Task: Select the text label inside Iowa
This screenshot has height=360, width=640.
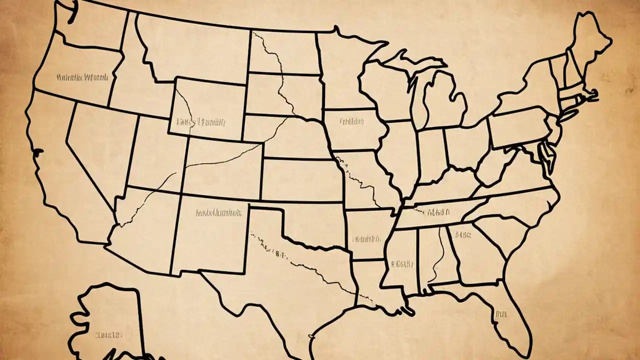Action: (352, 121)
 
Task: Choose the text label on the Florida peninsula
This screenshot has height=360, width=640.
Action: (500, 314)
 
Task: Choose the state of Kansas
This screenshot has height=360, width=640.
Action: (300, 180)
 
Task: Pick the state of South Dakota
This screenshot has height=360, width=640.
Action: (285, 95)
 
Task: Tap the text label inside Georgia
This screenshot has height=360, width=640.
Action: (462, 234)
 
